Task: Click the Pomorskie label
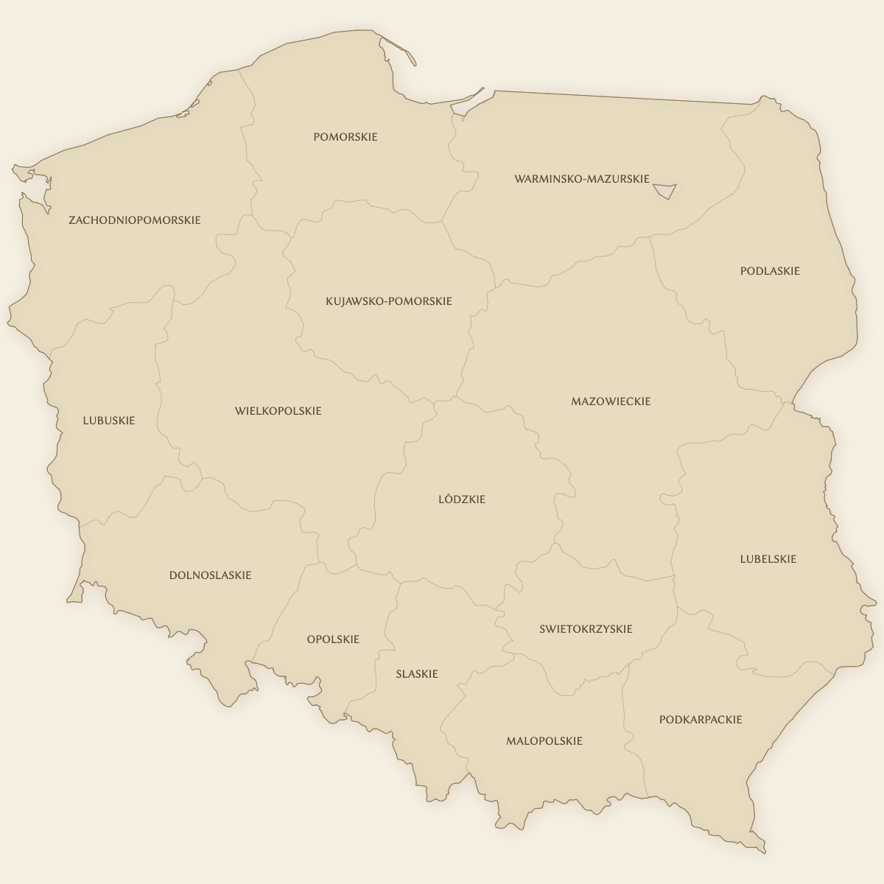[x=345, y=137]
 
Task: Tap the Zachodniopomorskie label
[x=134, y=220]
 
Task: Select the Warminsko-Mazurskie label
[x=581, y=179]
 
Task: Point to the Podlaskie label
[x=770, y=271]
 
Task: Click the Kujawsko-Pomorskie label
[x=388, y=301]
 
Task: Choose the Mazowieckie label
[x=611, y=401]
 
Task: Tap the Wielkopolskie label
[x=278, y=411]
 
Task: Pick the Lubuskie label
[x=109, y=421]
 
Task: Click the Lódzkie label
[x=462, y=499]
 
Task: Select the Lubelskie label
[x=768, y=559]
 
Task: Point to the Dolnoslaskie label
[x=210, y=575]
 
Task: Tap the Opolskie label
[x=333, y=639]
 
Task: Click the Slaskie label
[x=416, y=674]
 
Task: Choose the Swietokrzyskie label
[x=586, y=629]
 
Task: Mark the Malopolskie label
[x=544, y=741]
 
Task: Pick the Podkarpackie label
[x=700, y=720]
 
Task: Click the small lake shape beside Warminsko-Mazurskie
[x=665, y=191]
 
